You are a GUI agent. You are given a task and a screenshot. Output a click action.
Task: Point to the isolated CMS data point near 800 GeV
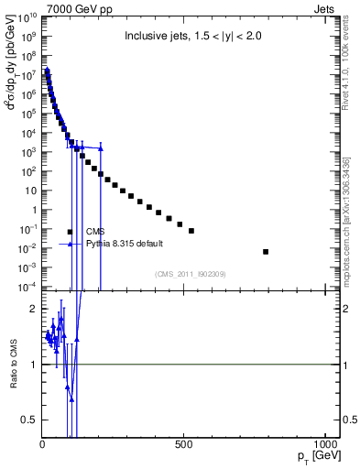tap(266, 251)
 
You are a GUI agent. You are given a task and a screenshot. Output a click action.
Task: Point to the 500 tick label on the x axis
tap(184, 444)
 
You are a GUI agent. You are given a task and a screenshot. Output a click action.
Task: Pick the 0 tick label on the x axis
tap(42, 444)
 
